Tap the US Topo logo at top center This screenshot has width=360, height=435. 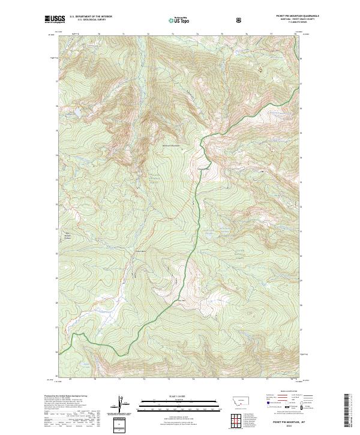click(x=176, y=20)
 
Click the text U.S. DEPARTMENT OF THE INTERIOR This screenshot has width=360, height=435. click(x=90, y=17)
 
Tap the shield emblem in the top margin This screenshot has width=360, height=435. click(x=241, y=20)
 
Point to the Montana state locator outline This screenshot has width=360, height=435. click(x=235, y=400)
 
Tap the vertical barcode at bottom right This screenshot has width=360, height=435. click(x=347, y=411)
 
